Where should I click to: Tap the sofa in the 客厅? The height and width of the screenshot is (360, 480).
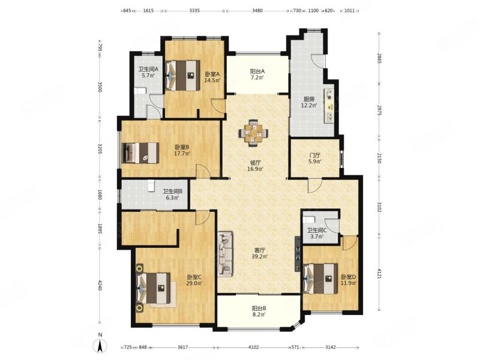(225, 254)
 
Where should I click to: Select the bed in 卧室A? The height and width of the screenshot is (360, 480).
(183, 76)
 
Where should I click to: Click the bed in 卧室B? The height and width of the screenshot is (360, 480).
(140, 152)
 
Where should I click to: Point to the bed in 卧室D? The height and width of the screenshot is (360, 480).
(320, 278)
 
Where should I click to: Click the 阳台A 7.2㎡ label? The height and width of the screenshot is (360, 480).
(257, 74)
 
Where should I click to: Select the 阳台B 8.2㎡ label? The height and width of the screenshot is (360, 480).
(259, 311)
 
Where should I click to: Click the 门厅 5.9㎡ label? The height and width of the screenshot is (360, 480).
(314, 158)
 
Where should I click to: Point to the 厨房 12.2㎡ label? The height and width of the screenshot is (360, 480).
(309, 102)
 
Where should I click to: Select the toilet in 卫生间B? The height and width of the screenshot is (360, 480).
(151, 185)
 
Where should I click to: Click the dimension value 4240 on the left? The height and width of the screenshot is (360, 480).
(100, 287)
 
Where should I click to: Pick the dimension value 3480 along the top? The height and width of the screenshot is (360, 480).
(257, 10)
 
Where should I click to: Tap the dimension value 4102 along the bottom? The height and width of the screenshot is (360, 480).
(253, 347)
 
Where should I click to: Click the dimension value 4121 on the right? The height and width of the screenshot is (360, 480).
(379, 274)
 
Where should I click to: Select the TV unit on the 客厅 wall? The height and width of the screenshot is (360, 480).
(298, 253)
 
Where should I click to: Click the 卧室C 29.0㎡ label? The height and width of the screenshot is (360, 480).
(194, 280)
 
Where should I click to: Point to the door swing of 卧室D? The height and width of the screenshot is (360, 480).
(349, 244)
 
